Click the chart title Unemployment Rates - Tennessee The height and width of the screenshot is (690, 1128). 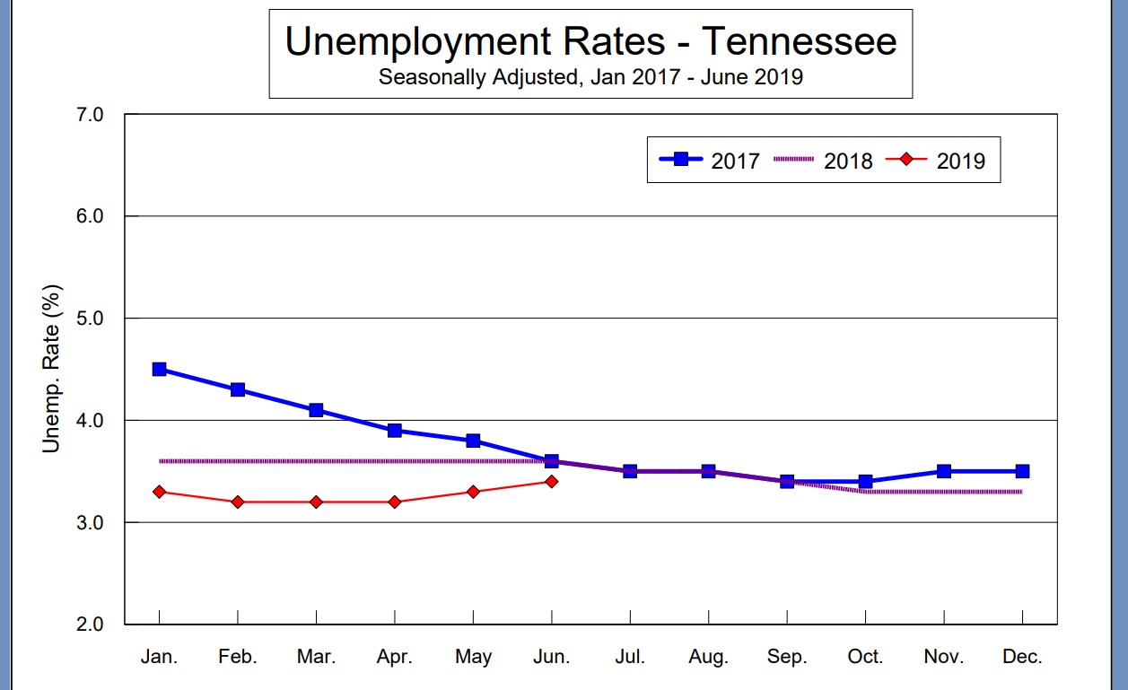pyautogui.click(x=590, y=42)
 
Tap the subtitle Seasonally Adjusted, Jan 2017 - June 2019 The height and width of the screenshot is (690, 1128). pyautogui.click(x=590, y=77)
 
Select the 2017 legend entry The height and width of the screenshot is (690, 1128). pyautogui.click(x=709, y=161)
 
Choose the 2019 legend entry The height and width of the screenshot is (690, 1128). pyautogui.click(x=936, y=161)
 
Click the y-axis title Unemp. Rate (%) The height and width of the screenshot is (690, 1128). pyautogui.click(x=52, y=369)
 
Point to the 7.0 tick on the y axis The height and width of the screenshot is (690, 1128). pyautogui.click(x=92, y=115)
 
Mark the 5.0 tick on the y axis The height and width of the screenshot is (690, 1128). pyautogui.click(x=92, y=319)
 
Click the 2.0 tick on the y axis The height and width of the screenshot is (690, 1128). pyautogui.click(x=92, y=624)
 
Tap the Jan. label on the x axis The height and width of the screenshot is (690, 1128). pyautogui.click(x=159, y=657)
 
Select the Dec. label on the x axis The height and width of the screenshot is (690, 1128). pyautogui.click(x=1022, y=657)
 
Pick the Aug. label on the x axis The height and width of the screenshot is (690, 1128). pyautogui.click(x=708, y=657)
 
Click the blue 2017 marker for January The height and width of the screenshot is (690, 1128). pyautogui.click(x=159, y=369)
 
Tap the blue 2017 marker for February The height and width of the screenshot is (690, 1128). pyautogui.click(x=238, y=389)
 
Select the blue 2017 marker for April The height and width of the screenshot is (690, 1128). pyautogui.click(x=395, y=430)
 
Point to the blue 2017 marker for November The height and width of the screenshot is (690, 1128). pyautogui.click(x=944, y=471)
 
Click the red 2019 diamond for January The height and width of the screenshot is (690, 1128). pyautogui.click(x=159, y=492)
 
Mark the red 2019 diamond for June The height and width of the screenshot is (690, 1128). pyautogui.click(x=551, y=482)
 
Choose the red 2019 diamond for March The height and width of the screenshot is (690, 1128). pyautogui.click(x=316, y=502)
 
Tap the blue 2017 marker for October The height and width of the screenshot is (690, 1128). pyautogui.click(x=865, y=482)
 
